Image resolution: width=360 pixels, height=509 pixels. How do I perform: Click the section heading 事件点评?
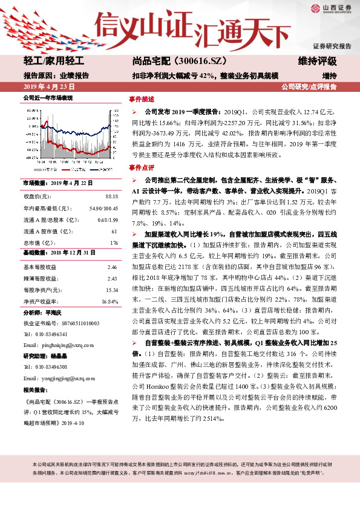(142, 167)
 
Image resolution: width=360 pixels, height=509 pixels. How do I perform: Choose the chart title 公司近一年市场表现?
(47, 97)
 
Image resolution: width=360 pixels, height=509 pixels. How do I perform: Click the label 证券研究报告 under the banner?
(332, 46)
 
